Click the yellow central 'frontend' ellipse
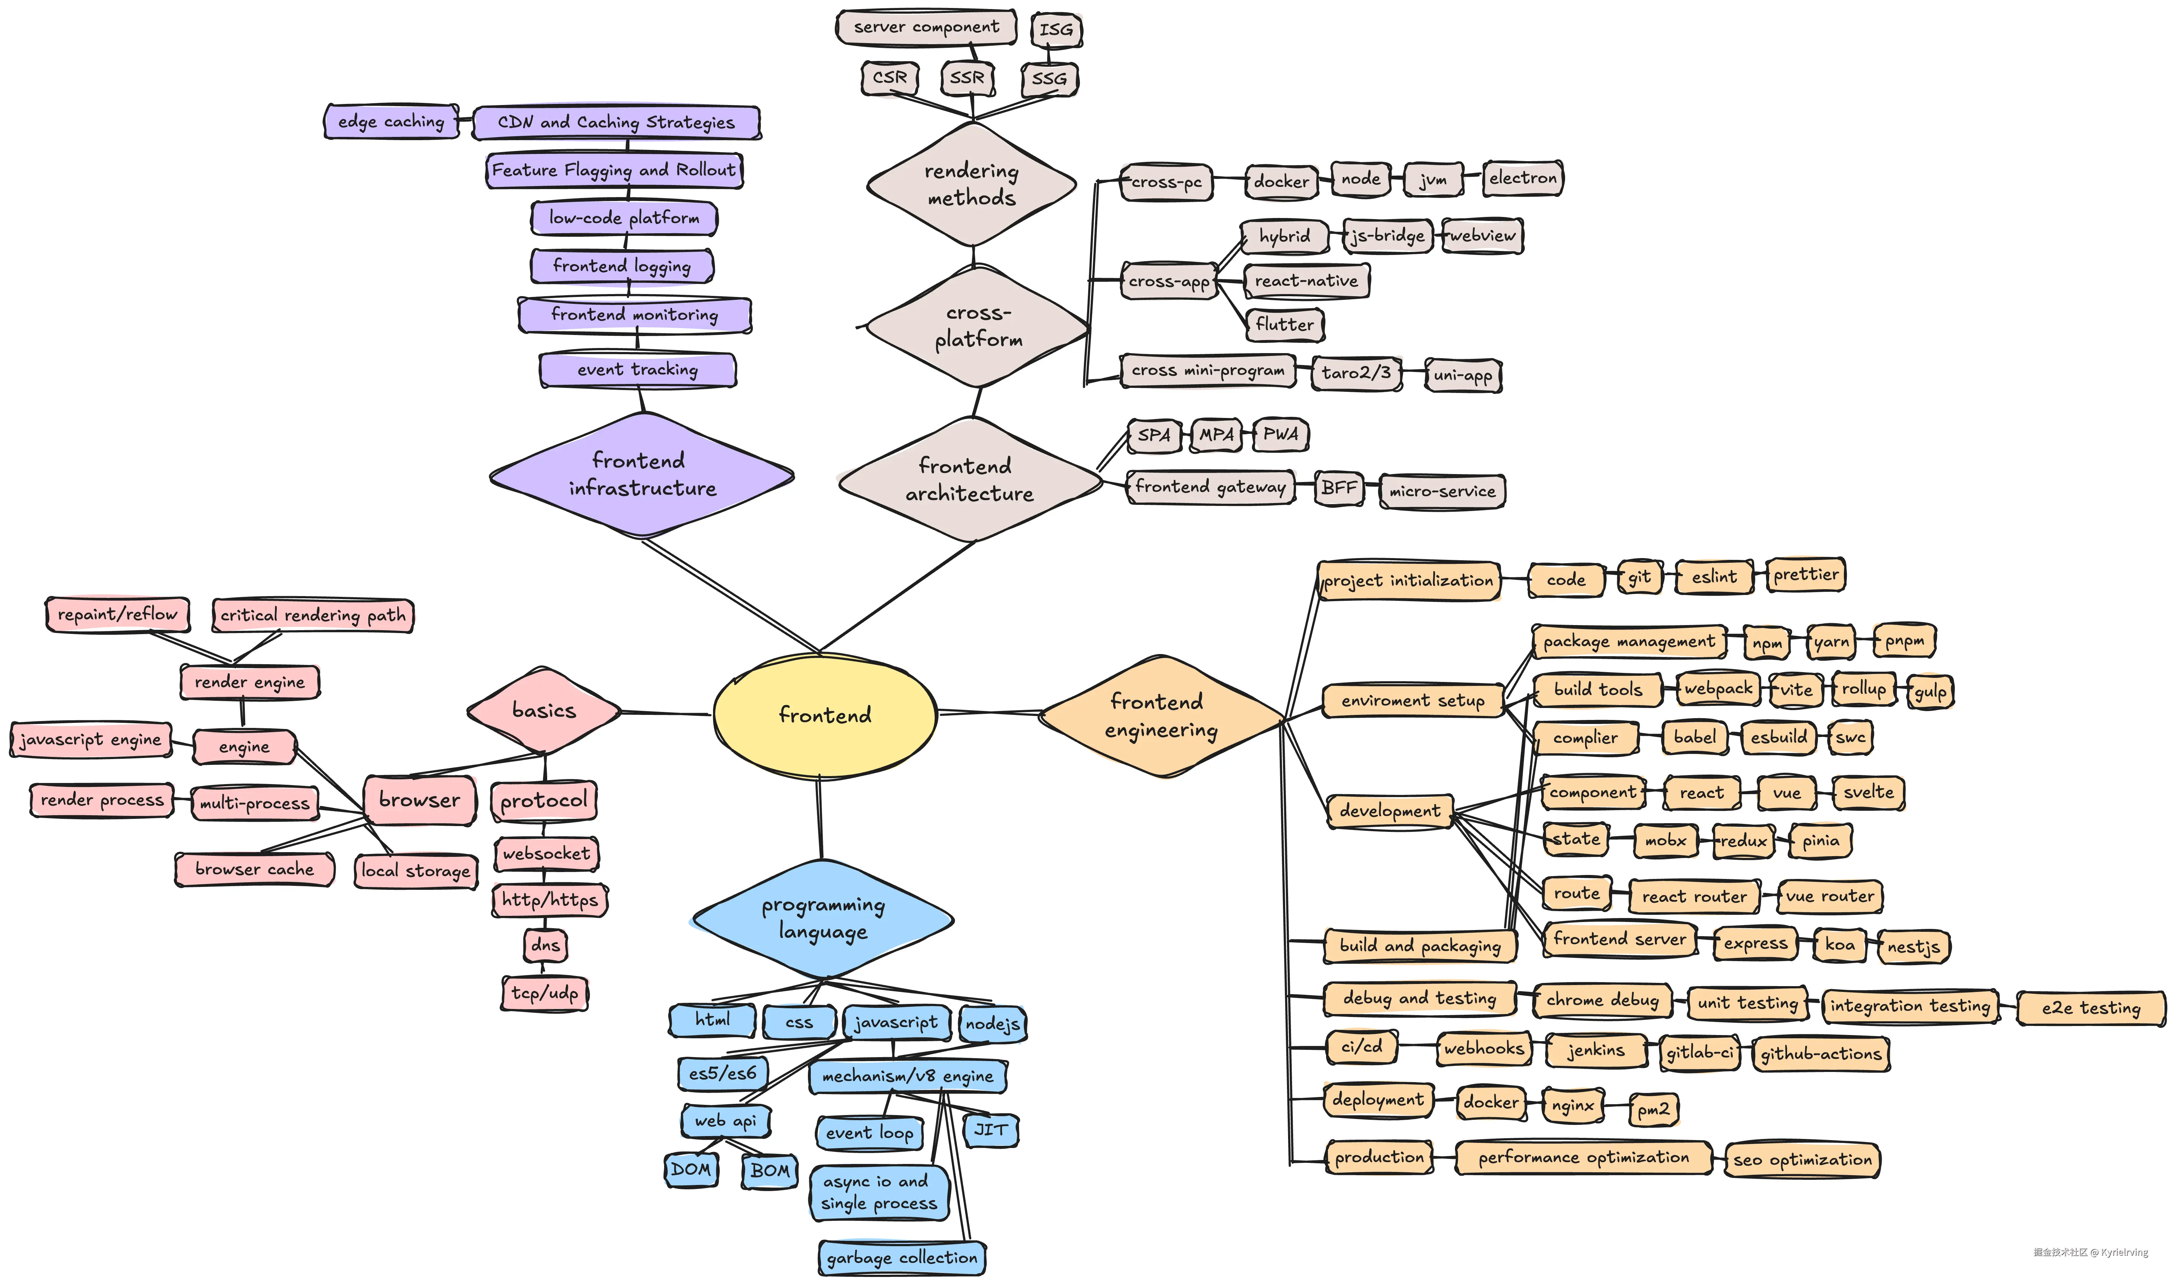[x=825, y=715]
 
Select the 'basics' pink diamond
[x=544, y=711]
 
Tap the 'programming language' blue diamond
[x=823, y=918]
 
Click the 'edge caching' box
[x=391, y=121]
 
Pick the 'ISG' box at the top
[x=1056, y=29]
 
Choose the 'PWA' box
[x=1280, y=434]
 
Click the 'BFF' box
[x=1338, y=488]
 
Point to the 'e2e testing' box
[x=2090, y=1008]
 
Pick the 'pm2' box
[x=1653, y=1108]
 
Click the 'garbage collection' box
[x=902, y=1257]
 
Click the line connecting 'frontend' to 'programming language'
[x=819, y=819]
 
